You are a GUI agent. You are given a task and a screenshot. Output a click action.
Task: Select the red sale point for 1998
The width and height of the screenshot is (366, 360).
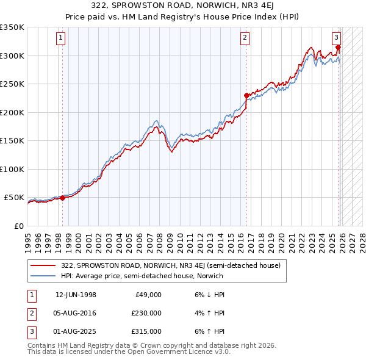coord(62,198)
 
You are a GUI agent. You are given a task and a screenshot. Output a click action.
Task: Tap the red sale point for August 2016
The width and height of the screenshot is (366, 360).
coord(246,95)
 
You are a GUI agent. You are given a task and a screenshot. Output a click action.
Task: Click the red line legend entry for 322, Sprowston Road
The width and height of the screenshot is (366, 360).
coord(171,265)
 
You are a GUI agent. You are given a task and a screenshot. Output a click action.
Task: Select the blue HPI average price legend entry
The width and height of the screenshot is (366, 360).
coord(142,276)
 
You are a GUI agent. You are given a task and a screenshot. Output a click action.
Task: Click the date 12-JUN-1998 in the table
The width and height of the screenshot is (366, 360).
coord(76,294)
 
